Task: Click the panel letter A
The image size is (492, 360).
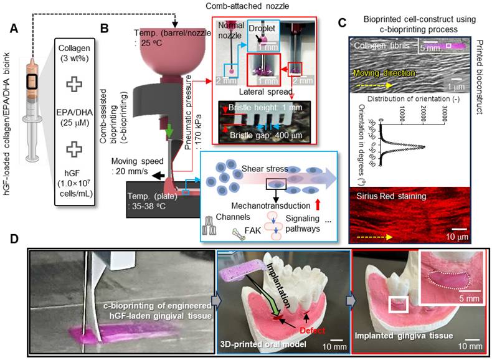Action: pyautogui.click(x=11, y=29)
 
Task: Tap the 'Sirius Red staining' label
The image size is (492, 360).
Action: pyautogui.click(x=387, y=196)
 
